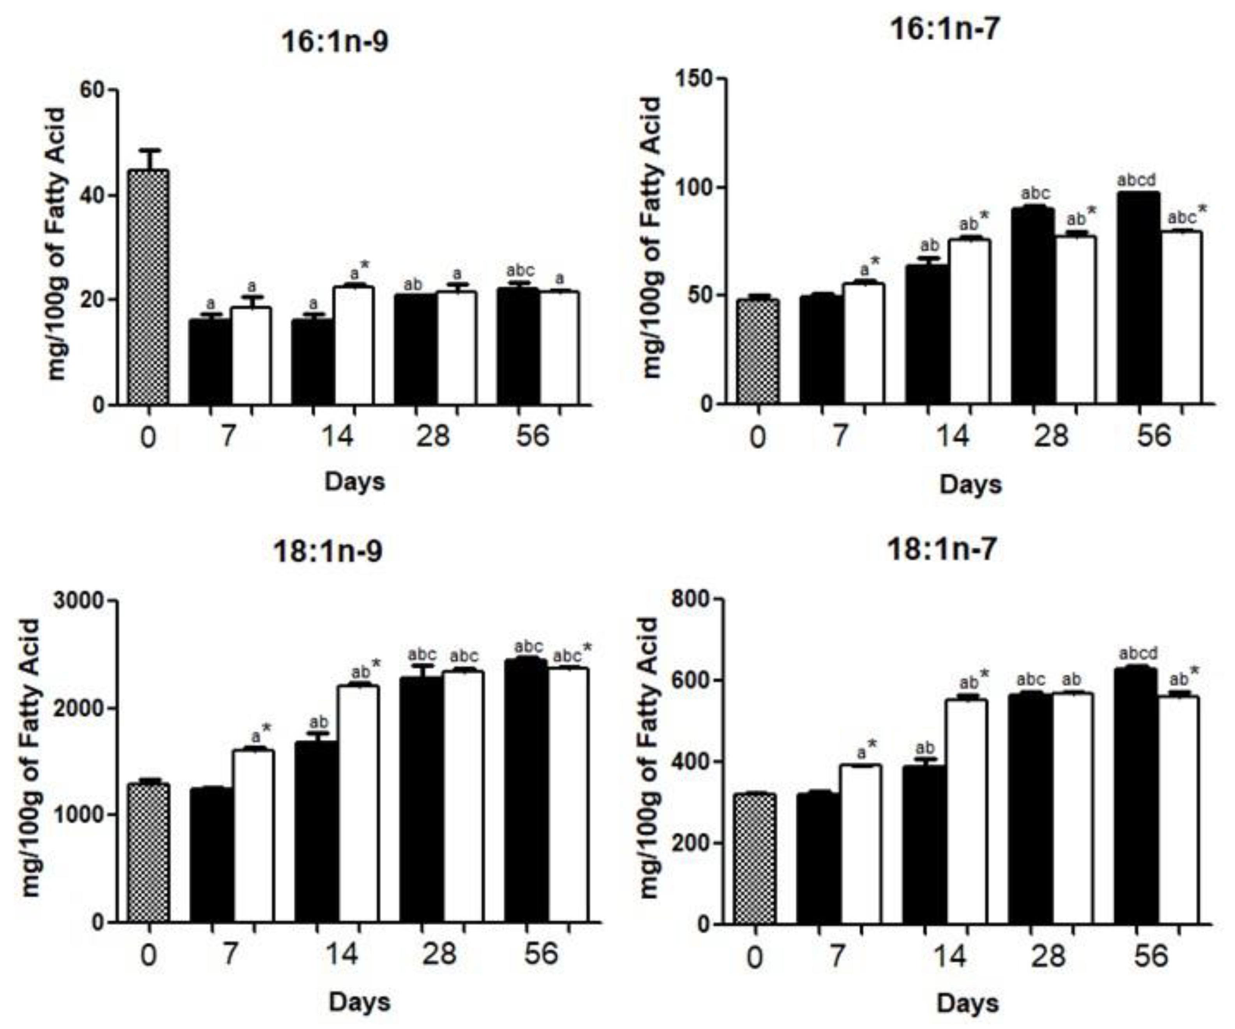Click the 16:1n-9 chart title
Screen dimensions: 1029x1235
click(335, 42)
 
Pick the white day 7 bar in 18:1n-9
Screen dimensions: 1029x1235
click(254, 835)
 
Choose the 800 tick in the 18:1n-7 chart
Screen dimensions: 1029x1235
click(691, 599)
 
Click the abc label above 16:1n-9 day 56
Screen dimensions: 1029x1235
click(520, 270)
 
